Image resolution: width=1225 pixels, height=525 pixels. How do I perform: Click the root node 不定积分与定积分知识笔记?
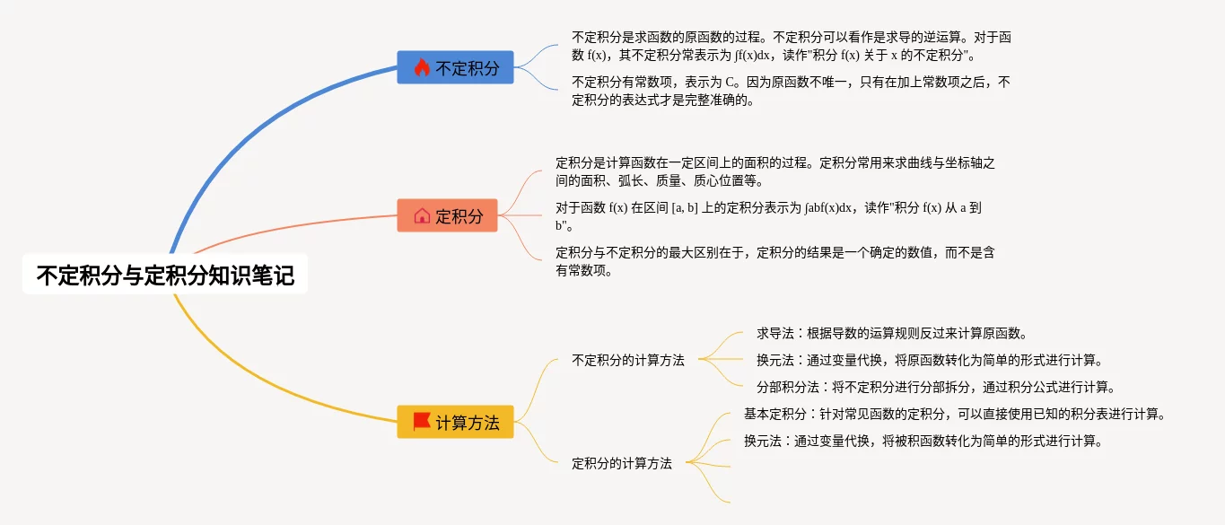click(x=165, y=276)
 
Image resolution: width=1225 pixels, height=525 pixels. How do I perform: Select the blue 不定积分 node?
click(x=455, y=67)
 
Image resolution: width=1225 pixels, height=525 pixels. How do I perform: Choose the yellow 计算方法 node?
click(x=455, y=422)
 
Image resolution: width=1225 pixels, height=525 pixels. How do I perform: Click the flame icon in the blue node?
click(x=422, y=67)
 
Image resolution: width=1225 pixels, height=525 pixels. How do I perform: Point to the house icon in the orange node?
click(x=422, y=215)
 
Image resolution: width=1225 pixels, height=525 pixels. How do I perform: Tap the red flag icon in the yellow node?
click(x=422, y=421)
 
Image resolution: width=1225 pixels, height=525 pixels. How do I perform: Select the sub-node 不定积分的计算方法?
click(x=627, y=360)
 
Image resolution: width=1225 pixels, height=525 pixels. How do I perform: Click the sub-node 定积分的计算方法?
click(x=621, y=463)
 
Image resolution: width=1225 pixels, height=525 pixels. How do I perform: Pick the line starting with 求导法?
click(x=891, y=333)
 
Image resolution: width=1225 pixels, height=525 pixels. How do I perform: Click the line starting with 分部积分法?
click(x=935, y=387)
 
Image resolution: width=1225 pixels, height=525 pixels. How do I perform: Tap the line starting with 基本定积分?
click(x=954, y=414)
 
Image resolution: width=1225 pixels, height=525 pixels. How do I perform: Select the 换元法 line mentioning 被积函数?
click(x=922, y=441)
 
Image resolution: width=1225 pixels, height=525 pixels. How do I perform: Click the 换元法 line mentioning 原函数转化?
click(x=929, y=360)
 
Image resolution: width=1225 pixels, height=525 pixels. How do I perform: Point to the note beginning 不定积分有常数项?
click(x=790, y=91)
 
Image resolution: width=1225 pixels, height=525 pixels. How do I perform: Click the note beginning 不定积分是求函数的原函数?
click(x=791, y=46)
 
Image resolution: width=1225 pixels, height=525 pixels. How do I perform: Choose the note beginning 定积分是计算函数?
click(x=774, y=171)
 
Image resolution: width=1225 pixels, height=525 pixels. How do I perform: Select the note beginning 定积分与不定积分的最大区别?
click(x=774, y=261)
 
